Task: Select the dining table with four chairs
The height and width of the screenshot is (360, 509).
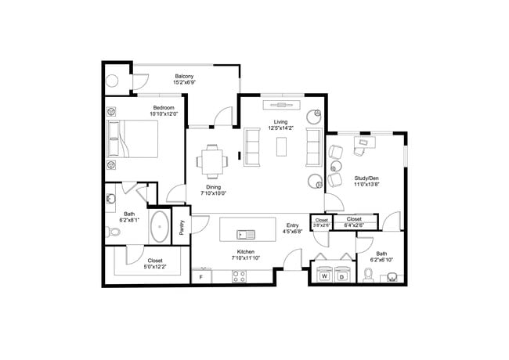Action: point(212,160)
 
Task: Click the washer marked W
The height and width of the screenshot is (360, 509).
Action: point(323,275)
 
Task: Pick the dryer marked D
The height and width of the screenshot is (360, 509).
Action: point(342,275)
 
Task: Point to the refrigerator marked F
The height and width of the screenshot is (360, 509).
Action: point(201,276)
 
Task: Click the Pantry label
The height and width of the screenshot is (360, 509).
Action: point(181,226)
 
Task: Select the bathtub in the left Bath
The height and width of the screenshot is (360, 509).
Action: point(160,226)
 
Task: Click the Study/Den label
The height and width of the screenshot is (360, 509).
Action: point(366,178)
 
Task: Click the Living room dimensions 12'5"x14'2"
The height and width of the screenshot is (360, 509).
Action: point(280,128)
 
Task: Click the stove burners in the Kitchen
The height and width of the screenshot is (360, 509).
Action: point(239,276)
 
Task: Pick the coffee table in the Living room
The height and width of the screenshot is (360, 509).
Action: point(280,146)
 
